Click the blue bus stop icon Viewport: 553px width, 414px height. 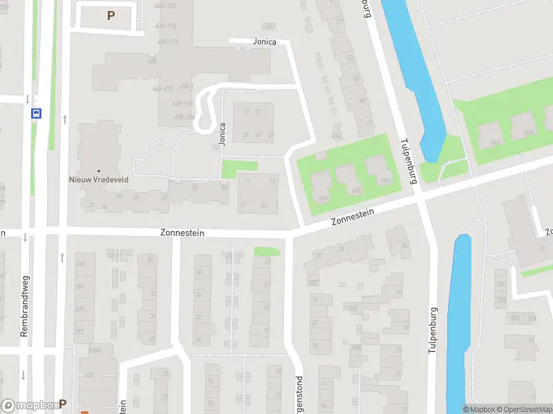click(x=35, y=114)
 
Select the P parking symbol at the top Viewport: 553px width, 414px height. click(x=110, y=15)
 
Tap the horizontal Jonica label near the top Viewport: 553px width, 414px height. click(x=264, y=42)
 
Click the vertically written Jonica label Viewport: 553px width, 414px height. click(x=222, y=134)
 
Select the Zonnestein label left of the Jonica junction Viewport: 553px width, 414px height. click(x=182, y=233)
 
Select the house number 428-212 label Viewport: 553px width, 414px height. click(x=163, y=88)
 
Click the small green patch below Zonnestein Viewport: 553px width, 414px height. click(x=266, y=252)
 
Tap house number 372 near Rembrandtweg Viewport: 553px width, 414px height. click(x=79, y=331)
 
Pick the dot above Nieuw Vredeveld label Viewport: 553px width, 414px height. click(x=99, y=170)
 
